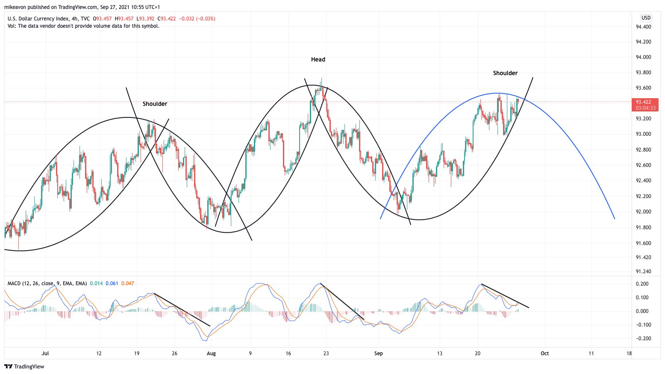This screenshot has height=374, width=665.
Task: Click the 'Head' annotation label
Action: click(x=318, y=60)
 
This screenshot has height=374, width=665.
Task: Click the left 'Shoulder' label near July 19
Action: click(x=155, y=104)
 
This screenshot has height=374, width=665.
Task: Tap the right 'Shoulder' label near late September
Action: click(x=505, y=73)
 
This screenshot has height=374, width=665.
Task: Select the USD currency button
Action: click(x=646, y=18)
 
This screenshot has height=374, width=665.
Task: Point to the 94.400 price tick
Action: click(x=643, y=27)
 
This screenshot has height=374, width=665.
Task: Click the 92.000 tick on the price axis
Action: click(x=643, y=212)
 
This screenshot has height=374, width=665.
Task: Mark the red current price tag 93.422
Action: click(x=646, y=102)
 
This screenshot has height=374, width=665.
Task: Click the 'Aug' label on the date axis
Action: click(x=211, y=354)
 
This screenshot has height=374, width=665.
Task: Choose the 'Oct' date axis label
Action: click(x=544, y=354)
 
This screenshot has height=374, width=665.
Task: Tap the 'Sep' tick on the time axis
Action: click(x=378, y=354)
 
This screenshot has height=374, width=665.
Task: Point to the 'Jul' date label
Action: click(x=45, y=354)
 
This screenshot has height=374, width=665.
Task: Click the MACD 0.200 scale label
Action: click(x=642, y=284)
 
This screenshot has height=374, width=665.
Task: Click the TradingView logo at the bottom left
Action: click(x=24, y=367)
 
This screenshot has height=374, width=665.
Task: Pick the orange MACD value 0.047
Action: click(x=128, y=283)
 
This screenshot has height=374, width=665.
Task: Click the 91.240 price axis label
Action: click(x=643, y=272)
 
